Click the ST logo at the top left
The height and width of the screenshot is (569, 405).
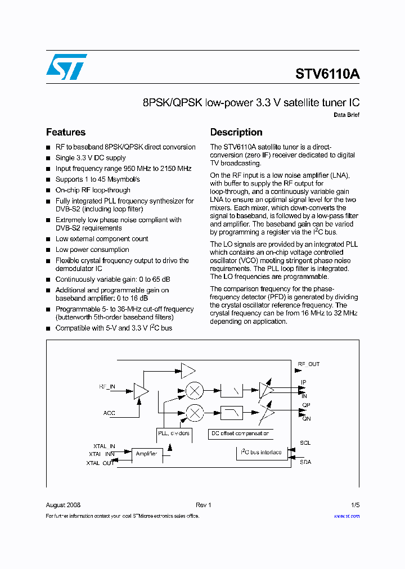[x=66, y=67]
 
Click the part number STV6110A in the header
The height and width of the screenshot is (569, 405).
[x=327, y=74]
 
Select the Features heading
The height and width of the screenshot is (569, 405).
[x=66, y=133]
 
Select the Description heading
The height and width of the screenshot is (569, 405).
[x=236, y=133]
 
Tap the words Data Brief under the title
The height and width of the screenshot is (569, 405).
[x=346, y=115]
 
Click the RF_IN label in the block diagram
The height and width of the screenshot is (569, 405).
[x=107, y=387]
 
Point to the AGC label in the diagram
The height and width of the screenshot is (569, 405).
[x=109, y=413]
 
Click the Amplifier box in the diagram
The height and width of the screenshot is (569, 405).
[x=146, y=453]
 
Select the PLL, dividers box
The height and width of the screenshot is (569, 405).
[x=174, y=433]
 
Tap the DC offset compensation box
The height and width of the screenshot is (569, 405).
[x=240, y=433]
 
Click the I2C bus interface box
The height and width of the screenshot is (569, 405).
[x=261, y=452]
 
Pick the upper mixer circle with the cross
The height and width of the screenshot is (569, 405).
[x=195, y=390]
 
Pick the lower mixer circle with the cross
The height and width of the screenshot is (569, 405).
[x=195, y=413]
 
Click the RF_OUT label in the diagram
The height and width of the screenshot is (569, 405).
[x=308, y=364]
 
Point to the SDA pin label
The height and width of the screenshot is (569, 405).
[x=305, y=462]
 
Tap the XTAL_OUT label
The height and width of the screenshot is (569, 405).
[x=100, y=463]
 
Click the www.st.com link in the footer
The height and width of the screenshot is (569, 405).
[x=346, y=516]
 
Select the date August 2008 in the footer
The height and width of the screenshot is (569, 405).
[x=63, y=505]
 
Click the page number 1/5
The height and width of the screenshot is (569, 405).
[x=355, y=505]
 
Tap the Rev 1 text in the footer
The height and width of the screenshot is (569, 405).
[x=203, y=505]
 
